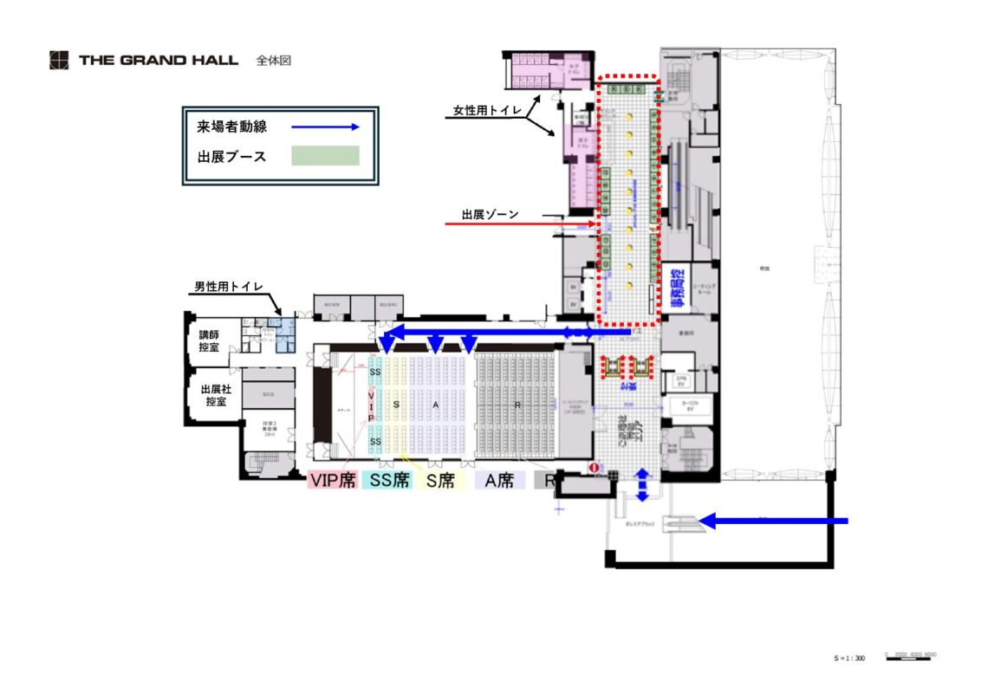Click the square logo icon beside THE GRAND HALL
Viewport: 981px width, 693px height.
58,61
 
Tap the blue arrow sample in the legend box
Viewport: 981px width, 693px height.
324,126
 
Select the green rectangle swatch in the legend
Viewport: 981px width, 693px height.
324,156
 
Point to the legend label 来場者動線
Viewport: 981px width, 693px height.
231,126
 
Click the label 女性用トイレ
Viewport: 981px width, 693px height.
487,111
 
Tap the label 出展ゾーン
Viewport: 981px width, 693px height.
490,213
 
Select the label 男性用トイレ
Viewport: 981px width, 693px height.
227,287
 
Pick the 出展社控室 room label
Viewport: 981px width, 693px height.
214,395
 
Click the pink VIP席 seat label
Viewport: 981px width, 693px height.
333,481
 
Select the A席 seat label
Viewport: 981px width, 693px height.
499,481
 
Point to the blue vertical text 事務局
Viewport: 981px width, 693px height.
677,288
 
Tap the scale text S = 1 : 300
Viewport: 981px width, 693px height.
849,658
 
